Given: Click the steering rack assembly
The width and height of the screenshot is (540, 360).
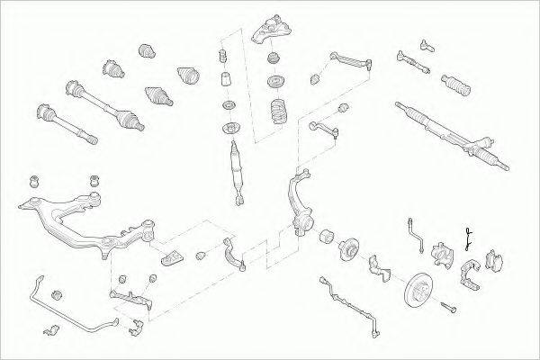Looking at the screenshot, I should [x=450, y=135].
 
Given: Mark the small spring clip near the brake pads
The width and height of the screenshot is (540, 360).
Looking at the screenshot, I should [x=468, y=238].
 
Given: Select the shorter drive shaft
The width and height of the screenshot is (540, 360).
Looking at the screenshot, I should [x=64, y=123].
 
